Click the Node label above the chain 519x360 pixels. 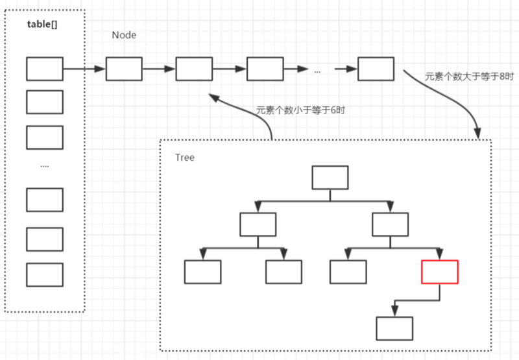tap(124, 35)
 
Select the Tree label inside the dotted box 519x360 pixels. tap(184, 158)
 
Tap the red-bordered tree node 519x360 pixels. tap(439, 272)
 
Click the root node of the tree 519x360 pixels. tap(330, 178)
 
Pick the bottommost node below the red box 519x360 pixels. tap(394, 328)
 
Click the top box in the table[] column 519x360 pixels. tap(45, 69)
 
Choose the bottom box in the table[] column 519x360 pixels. tap(45, 274)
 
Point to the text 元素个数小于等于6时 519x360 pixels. tap(300, 110)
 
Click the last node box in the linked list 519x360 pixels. tap(376, 69)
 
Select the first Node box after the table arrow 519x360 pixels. tap(124, 69)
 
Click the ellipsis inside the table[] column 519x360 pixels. tap(45, 166)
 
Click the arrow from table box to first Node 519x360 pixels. tap(84, 69)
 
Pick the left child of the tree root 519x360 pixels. tap(258, 224)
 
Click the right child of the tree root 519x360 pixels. tap(391, 224)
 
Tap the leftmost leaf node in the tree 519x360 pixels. tap(202, 272)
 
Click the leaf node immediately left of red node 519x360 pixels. tap(348, 272)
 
